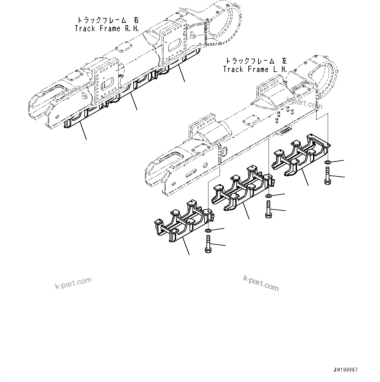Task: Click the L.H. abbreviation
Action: click(x=280, y=69)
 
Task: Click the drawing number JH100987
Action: click(x=346, y=370)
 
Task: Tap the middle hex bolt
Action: click(x=268, y=210)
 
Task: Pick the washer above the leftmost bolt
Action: click(x=208, y=231)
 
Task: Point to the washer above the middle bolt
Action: click(x=268, y=196)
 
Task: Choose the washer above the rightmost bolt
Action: click(x=328, y=162)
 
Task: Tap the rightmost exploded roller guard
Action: click(x=301, y=155)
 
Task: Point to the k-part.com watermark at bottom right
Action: click(x=261, y=283)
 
